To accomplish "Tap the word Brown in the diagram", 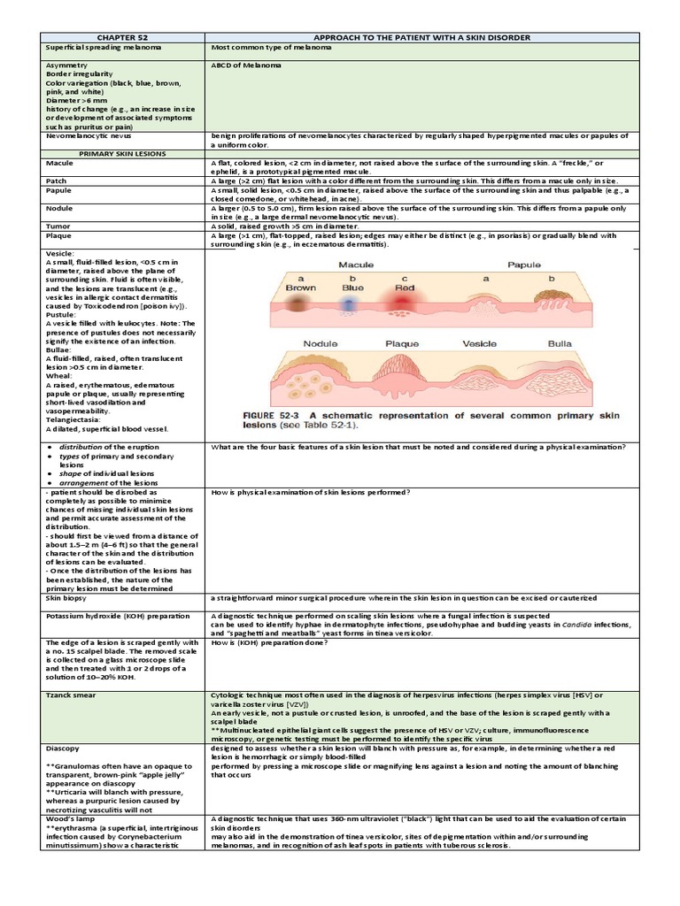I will click(x=301, y=288).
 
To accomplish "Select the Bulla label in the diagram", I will click(x=560, y=343).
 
